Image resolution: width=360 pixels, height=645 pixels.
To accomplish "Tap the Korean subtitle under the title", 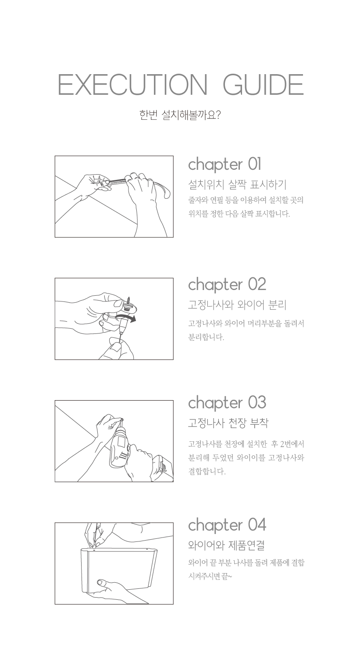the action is [x=180, y=115].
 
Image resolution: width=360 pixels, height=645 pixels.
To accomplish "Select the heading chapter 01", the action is [x=225, y=164].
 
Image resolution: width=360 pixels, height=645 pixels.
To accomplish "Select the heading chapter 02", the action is [x=227, y=284].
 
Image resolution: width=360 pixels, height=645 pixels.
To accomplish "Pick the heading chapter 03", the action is [x=227, y=402].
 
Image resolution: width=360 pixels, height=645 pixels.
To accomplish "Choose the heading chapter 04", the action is [x=227, y=525].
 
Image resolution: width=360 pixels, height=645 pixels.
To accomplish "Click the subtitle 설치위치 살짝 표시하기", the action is [x=237, y=184].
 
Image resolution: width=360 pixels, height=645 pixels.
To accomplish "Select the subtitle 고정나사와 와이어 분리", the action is [x=237, y=305].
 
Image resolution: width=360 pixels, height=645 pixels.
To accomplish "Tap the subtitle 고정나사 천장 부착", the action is [x=228, y=423].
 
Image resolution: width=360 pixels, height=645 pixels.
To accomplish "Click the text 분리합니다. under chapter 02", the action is [x=206, y=337].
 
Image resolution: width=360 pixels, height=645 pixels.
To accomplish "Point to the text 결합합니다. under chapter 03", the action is [x=207, y=471].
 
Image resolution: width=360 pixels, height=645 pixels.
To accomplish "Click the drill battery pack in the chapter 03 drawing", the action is [x=162, y=468].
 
